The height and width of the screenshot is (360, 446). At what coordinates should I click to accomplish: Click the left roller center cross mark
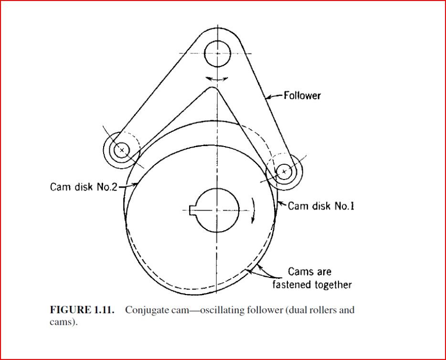click(x=122, y=150)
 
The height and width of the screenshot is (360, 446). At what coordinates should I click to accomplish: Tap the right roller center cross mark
click(x=284, y=171)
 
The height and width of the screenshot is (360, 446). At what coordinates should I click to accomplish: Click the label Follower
click(x=302, y=95)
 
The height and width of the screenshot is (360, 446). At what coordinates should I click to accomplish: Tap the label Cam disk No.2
click(x=84, y=187)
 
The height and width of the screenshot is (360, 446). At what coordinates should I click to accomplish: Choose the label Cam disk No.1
click(x=321, y=206)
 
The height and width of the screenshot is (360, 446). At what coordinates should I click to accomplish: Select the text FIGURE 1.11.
click(x=82, y=310)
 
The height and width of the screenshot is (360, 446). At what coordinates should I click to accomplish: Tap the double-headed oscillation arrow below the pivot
click(x=217, y=79)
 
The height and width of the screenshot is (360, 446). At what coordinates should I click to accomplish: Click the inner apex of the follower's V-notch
click(x=212, y=87)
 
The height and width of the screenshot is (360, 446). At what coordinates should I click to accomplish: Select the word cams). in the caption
click(x=64, y=322)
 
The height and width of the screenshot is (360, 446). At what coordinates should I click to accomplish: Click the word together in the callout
click(x=333, y=285)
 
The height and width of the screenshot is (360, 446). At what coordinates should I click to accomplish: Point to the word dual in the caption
click(x=295, y=310)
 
